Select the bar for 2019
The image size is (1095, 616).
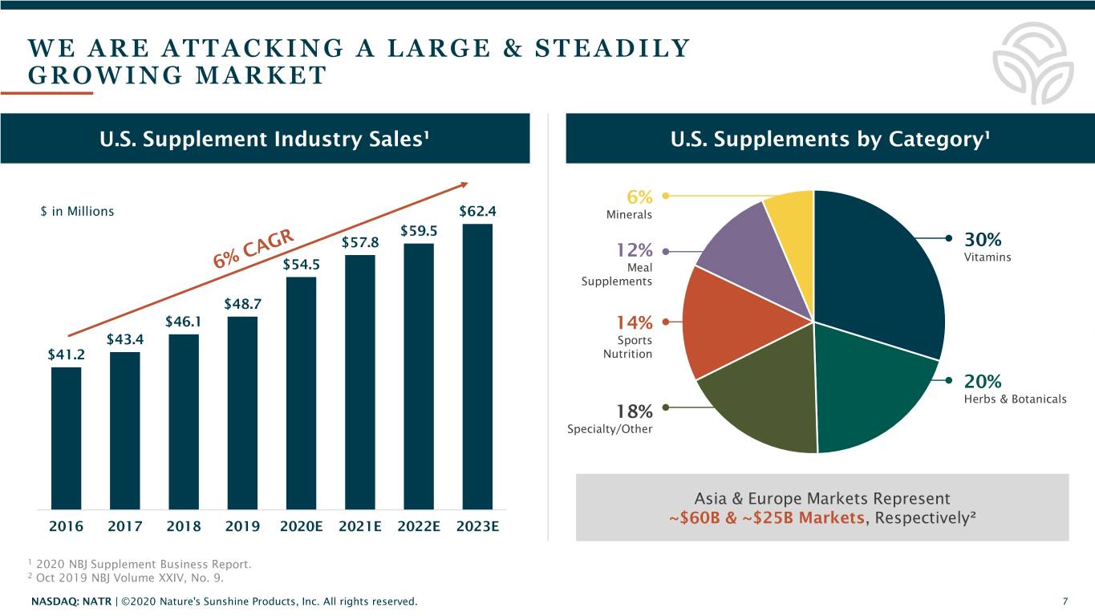pos(242,412)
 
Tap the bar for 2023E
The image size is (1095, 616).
pos(478,366)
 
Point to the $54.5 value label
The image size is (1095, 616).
pos(302,264)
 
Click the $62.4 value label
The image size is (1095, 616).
pos(478,212)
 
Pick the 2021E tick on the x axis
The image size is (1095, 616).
pos(360,526)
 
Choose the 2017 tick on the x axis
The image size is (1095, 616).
pos(124,526)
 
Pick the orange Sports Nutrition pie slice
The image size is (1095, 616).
pos(722,321)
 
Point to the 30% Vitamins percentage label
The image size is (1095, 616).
pos(982,240)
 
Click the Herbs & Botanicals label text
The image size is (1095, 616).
pos(1015,399)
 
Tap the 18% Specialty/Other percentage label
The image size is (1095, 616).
pos(634,411)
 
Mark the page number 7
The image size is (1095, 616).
pos(1065,602)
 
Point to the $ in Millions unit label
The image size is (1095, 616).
pos(77,212)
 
